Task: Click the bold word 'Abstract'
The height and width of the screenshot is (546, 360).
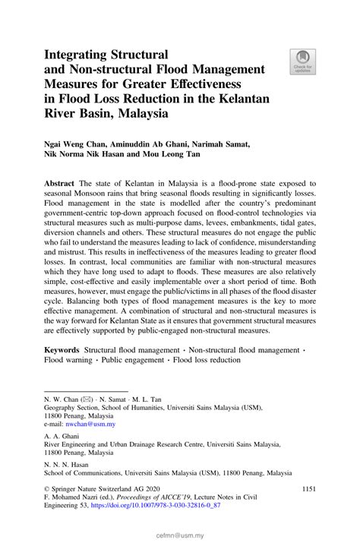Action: coord(59,185)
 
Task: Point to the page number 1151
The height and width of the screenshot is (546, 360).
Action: coord(313,491)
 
